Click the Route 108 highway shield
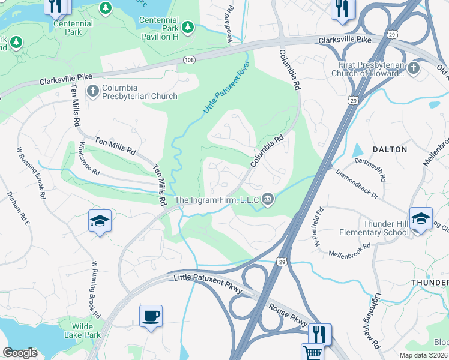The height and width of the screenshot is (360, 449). pyautogui.click(x=188, y=61)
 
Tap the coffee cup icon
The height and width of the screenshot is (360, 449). pyautogui.click(x=151, y=316)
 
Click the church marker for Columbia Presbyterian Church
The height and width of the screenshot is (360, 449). pyautogui.click(x=93, y=91)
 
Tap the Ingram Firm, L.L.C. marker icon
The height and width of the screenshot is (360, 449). pyautogui.click(x=268, y=199)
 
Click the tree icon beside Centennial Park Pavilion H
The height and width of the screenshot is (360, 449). pyautogui.click(x=188, y=27)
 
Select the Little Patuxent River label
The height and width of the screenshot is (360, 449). pyautogui.click(x=226, y=91)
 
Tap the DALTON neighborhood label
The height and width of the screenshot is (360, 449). pyautogui.click(x=390, y=149)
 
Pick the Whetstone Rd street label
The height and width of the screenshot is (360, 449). pyautogui.click(x=89, y=158)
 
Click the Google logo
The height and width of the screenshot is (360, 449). pyautogui.click(x=20, y=353)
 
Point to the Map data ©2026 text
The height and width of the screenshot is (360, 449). pyautogui.click(x=424, y=355)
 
